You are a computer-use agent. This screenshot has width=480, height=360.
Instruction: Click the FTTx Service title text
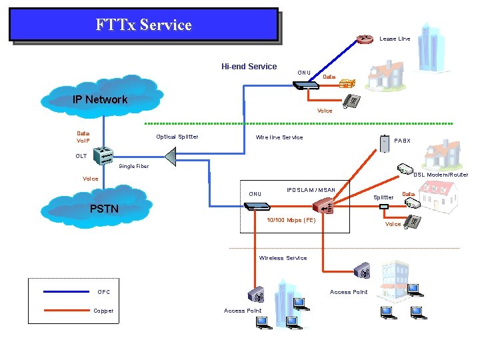pyautogui.click(x=143, y=25)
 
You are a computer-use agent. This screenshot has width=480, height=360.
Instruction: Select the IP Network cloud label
pyautogui.click(x=100, y=99)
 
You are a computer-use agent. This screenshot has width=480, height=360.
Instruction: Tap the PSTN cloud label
pyautogui.click(x=104, y=209)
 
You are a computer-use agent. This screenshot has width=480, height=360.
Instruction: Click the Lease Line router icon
pyautogui.click(x=364, y=38)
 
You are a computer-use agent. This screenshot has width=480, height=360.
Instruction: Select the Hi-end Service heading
pyautogui.click(x=249, y=66)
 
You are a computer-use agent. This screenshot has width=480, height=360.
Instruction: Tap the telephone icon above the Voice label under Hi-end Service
pyautogui.click(x=351, y=101)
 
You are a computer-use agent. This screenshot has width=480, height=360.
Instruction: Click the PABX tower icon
pyautogui.click(x=385, y=143)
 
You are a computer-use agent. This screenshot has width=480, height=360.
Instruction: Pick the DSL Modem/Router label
pyautogui.click(x=441, y=175)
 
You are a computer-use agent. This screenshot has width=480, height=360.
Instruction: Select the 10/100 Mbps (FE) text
pyautogui.click(x=291, y=220)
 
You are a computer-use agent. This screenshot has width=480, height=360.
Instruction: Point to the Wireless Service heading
pyautogui.click(x=283, y=258)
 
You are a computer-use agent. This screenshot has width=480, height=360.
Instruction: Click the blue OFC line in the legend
pyautogui.click(x=65, y=291)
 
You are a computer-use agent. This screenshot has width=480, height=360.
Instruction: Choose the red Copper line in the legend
pyautogui.click(x=65, y=310)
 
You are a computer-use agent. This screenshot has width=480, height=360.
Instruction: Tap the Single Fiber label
pyautogui.click(x=133, y=166)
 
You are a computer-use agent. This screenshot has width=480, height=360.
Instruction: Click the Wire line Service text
pyautogui.click(x=279, y=137)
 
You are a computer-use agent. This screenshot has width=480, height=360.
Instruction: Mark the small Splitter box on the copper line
pyautogui.click(x=383, y=207)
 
